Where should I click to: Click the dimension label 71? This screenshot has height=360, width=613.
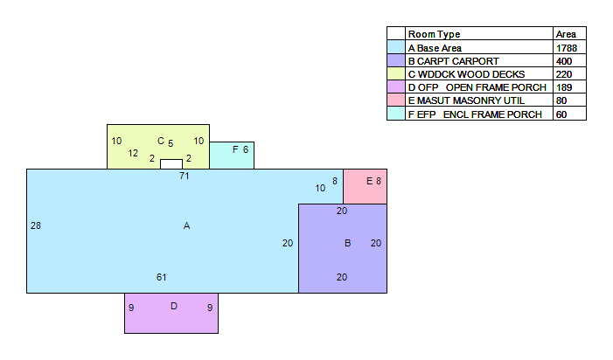[x=185, y=177]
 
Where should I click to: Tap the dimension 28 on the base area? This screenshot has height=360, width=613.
[x=36, y=225]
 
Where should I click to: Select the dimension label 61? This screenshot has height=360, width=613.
[x=162, y=277]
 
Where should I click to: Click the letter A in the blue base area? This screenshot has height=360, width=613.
[x=186, y=225]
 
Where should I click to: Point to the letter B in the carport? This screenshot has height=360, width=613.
[x=347, y=243]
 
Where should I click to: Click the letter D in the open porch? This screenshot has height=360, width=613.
[x=174, y=306]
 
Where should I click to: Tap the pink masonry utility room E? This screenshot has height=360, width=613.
[x=366, y=187]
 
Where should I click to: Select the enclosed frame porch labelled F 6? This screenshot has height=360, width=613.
[x=232, y=156]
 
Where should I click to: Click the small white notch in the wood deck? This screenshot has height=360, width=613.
[x=171, y=164]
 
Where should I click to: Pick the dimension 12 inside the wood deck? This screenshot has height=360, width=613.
[x=133, y=154]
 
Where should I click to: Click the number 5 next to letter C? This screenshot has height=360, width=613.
[x=171, y=143]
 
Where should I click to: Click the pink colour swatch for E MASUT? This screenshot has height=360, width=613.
[x=396, y=100]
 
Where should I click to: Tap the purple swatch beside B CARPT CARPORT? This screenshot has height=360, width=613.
[x=396, y=60]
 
